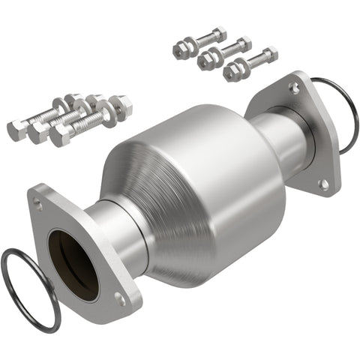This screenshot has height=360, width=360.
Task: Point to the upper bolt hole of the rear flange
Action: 295,88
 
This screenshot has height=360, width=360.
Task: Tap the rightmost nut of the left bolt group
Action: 121,107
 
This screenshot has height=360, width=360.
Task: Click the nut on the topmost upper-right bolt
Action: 219,34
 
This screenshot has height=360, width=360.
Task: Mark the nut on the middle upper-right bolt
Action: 242,45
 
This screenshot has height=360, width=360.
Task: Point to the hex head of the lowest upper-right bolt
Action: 232,73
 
